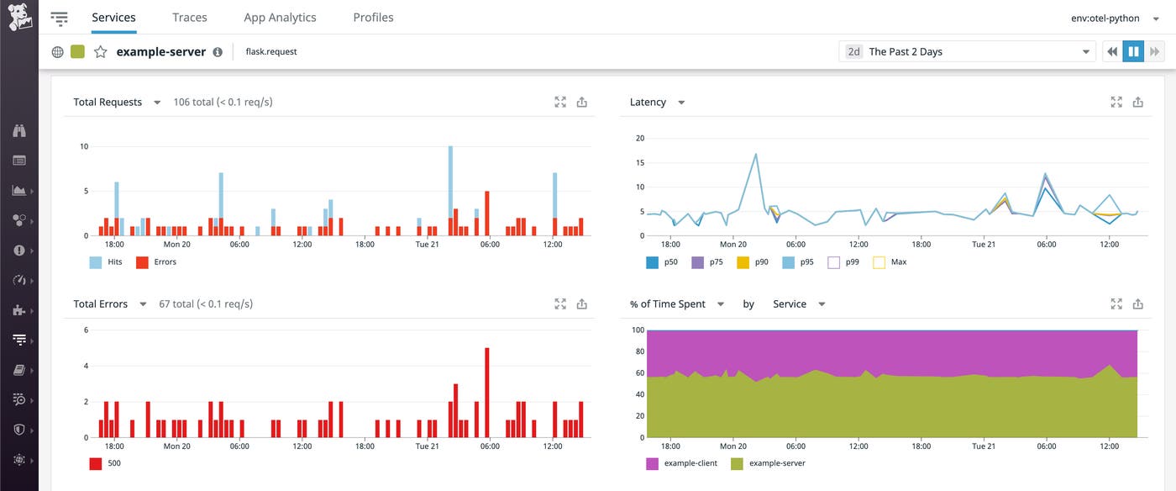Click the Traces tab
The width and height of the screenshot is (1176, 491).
pos(189,17)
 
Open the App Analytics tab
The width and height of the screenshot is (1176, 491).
pos(280,17)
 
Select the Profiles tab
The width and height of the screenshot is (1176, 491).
pos(373,17)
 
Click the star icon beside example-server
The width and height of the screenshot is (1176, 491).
pos(101,52)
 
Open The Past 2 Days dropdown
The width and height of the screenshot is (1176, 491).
pos(967,52)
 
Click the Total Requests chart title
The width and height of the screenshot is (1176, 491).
pos(108,103)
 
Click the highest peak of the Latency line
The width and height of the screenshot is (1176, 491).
pos(756,155)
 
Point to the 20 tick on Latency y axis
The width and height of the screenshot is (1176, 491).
pos(639,138)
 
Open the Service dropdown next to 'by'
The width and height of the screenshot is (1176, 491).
pos(798,304)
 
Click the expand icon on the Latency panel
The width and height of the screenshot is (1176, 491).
pos(1116,103)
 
